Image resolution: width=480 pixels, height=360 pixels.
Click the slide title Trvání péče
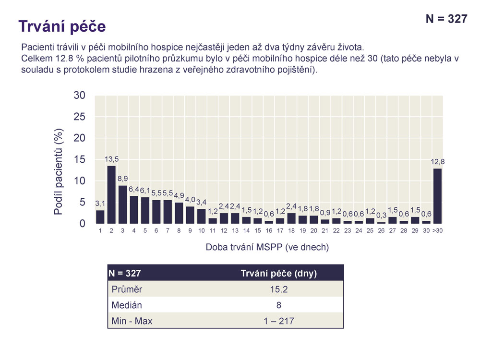[61, 26]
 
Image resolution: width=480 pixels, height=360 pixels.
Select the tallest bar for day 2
[111, 194]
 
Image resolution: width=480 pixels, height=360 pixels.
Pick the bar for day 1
[100, 217]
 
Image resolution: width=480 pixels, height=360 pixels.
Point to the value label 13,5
[111, 159]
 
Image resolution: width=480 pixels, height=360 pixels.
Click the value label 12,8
[438, 162]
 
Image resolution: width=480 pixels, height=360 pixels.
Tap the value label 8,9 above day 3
[122, 179]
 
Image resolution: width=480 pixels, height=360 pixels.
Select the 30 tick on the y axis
[80, 96]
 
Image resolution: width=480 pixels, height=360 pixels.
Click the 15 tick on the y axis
[80, 160]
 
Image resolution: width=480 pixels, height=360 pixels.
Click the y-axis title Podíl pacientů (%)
[58, 171]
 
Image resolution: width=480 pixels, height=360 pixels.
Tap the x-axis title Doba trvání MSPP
[267, 247]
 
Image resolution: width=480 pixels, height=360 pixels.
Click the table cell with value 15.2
[278, 289]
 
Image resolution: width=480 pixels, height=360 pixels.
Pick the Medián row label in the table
[127, 305]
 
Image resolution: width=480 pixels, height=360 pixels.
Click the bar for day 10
[202, 216]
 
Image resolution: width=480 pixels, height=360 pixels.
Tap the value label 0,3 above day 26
[382, 215]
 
